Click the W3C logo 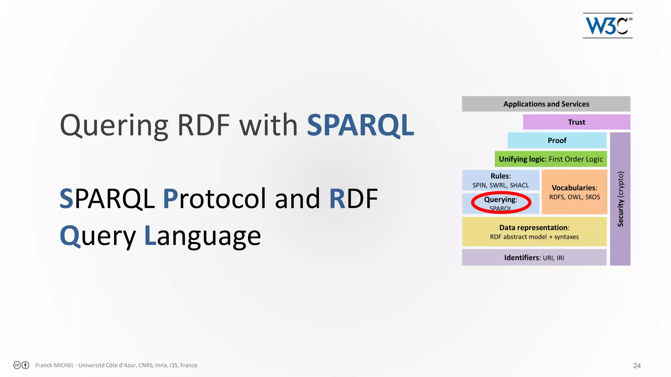[607, 26]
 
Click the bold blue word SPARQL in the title [360, 125]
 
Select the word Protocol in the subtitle [215, 198]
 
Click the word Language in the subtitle [203, 236]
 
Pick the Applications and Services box [546, 104]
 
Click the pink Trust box [576, 122]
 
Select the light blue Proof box [557, 140]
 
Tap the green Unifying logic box [550, 159]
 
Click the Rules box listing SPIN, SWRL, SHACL [500, 180]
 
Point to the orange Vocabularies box [574, 192]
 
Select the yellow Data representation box [534, 232]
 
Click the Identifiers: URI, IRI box [534, 258]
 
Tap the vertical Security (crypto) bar [620, 199]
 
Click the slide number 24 [637, 366]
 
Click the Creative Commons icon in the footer [17, 365]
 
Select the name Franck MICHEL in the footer [54, 365]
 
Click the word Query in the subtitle [98, 236]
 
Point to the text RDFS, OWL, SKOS [574, 197]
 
